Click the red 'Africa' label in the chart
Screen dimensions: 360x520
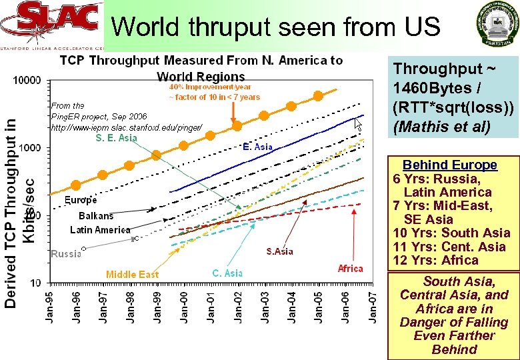(350, 269)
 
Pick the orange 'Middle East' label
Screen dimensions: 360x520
(132, 274)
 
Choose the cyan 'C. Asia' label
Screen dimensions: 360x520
(227, 273)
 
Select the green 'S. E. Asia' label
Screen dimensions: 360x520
(116, 138)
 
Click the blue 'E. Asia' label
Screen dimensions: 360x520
(257, 146)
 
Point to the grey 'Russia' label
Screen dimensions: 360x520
(65, 253)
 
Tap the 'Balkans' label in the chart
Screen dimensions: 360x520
(96, 215)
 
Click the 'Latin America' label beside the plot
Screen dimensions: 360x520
(100, 230)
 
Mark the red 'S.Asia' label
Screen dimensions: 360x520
(279, 251)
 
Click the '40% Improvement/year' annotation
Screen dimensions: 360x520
(210, 87)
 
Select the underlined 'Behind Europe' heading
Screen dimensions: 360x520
(450, 165)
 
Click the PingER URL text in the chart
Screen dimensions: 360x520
(126, 127)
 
